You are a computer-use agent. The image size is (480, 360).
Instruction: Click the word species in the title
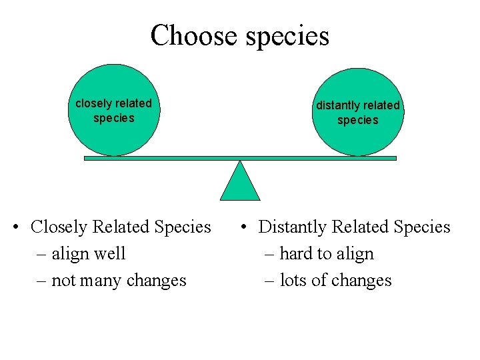tap(287, 37)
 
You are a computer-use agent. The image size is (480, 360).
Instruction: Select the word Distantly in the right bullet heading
tap(291, 227)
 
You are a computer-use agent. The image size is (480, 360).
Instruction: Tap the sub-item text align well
tap(88, 254)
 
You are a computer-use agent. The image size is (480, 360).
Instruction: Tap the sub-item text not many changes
tap(119, 281)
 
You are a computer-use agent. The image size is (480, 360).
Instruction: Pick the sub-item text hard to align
tap(327, 254)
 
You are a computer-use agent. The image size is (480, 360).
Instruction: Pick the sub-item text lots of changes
tap(335, 281)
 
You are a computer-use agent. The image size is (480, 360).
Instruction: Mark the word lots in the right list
tap(293, 281)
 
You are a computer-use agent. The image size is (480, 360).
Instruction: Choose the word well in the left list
tap(111, 254)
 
